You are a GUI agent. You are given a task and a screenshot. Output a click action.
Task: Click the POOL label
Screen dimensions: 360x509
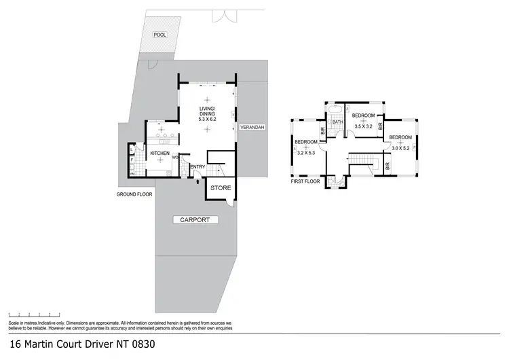pos(159,34)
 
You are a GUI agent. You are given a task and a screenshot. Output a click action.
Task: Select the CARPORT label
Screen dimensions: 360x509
pos(195,219)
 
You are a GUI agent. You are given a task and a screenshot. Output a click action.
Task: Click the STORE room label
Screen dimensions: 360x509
pos(221,187)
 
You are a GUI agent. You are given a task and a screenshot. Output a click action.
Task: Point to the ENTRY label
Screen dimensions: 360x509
pos(197,167)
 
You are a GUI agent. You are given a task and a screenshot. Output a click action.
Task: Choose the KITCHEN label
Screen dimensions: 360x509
pos(159,154)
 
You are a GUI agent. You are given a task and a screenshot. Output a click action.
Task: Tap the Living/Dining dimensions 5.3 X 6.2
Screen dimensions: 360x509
pos(206,119)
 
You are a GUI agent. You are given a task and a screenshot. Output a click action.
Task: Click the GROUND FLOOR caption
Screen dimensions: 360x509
pos(132,193)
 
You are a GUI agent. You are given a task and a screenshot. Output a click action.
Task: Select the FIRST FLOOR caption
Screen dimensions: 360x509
pos(305,182)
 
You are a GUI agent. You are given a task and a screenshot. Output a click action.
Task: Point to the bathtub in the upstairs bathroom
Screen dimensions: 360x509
pos(336,111)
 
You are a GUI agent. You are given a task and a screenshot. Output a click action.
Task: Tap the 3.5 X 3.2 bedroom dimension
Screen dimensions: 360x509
pos(364,126)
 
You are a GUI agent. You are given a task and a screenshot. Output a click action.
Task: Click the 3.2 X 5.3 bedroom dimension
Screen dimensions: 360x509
pos(306,154)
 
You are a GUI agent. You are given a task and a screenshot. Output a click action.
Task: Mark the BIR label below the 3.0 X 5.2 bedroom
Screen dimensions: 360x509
pos(388,164)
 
